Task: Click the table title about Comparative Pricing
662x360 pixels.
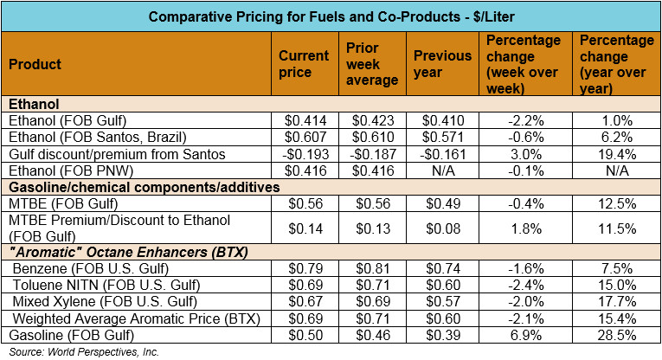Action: tap(330, 16)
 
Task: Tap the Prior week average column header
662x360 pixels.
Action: tap(371, 64)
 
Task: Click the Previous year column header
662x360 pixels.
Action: tap(441, 64)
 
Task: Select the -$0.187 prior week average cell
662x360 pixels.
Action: tap(373, 153)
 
